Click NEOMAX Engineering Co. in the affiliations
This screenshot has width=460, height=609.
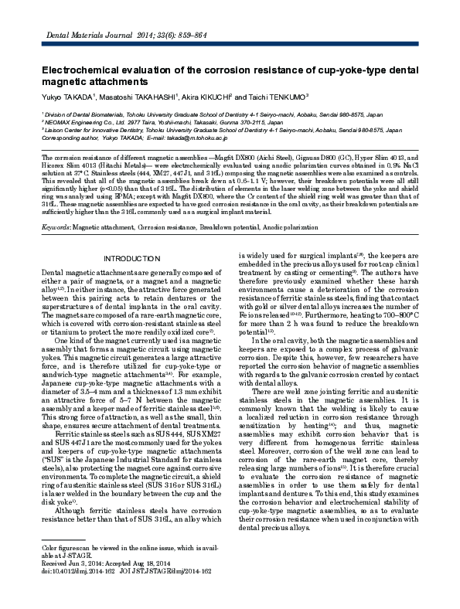80,122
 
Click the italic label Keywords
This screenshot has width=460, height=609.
55,229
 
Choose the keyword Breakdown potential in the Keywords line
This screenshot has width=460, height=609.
229,229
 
